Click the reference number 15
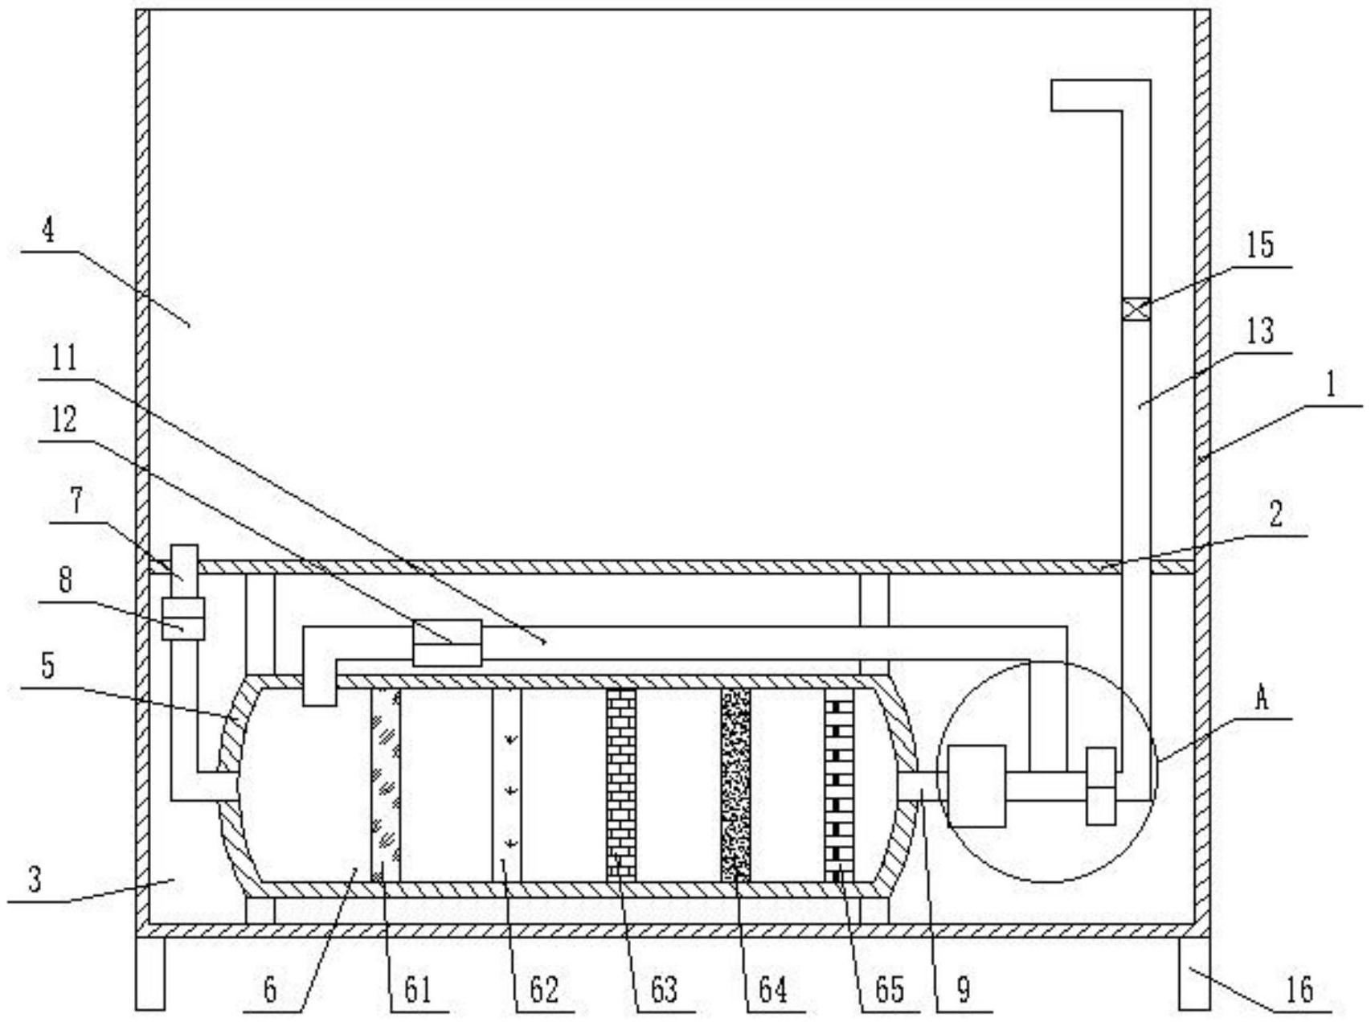(x=1260, y=244)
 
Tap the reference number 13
(x=1260, y=330)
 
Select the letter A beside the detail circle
(x=1262, y=699)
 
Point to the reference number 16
(x=1299, y=989)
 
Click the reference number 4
(x=48, y=231)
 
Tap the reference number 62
(x=543, y=989)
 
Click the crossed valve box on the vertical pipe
(x=1136, y=310)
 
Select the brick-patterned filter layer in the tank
(x=620, y=785)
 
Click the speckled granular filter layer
(x=735, y=785)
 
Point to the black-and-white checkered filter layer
(x=839, y=785)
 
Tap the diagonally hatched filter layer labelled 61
(x=386, y=785)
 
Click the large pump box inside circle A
(x=976, y=786)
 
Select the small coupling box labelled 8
(x=183, y=618)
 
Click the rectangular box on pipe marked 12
(x=447, y=642)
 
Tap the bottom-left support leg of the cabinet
(x=149, y=973)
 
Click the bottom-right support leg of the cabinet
(x=1194, y=973)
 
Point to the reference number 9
(x=964, y=989)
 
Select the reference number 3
(x=34, y=880)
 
